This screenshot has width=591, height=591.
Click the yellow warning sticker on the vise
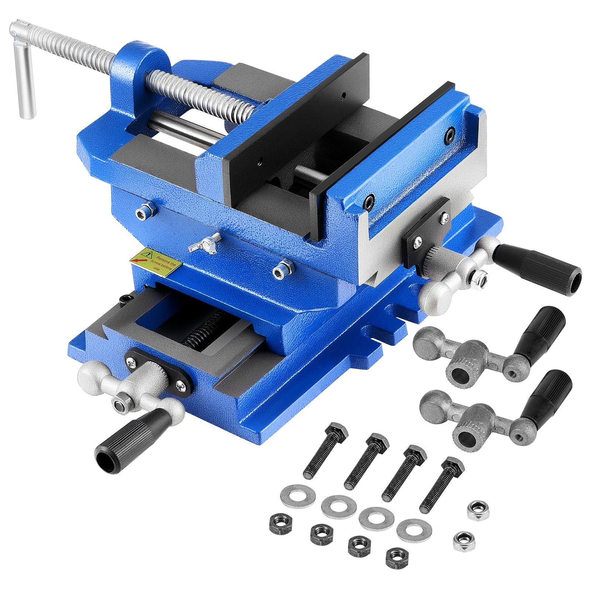click(x=155, y=261)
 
